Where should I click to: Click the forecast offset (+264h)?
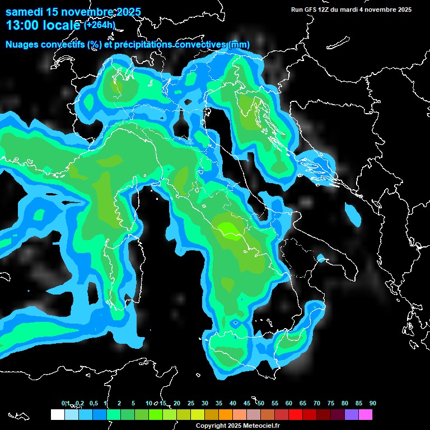[x=100, y=25]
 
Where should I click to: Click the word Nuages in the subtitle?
[x=22, y=45]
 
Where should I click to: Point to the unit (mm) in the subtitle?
[x=240, y=45]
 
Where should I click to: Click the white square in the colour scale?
[x=57, y=415]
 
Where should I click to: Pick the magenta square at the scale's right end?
[x=366, y=415]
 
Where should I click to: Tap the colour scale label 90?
[x=373, y=404]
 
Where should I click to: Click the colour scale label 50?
[x=261, y=404]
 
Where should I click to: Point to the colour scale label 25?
[x=191, y=404]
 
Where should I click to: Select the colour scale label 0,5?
[x=93, y=404]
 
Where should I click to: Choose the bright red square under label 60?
[x=296, y=415]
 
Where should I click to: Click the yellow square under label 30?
[x=198, y=415]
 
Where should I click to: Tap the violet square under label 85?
[x=352, y=415]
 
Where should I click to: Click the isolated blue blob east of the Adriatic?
[x=353, y=215]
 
